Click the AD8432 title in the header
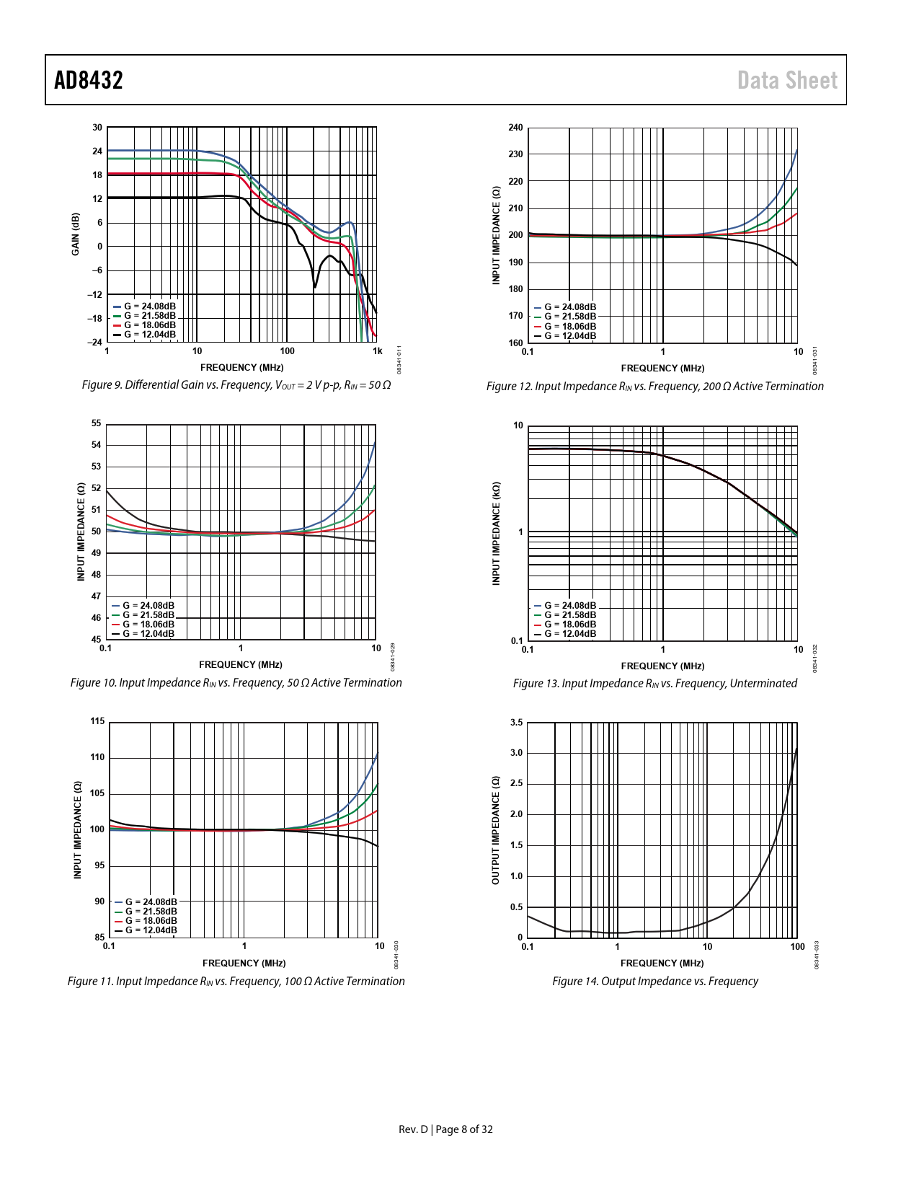(x=89, y=80)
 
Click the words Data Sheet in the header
(x=787, y=80)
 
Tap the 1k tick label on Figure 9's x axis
(x=377, y=351)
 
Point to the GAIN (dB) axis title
(x=76, y=234)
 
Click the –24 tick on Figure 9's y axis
(x=96, y=343)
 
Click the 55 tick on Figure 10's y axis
(x=97, y=423)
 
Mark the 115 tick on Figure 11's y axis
(x=97, y=721)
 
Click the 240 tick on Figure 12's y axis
(x=515, y=128)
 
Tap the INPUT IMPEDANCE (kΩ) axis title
(x=496, y=533)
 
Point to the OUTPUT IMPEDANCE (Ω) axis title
(x=496, y=830)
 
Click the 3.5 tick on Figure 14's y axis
(x=516, y=722)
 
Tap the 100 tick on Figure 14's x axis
(x=797, y=947)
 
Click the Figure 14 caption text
(x=655, y=981)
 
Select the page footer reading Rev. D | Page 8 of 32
(x=445, y=1129)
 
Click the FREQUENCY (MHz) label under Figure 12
(x=662, y=368)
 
